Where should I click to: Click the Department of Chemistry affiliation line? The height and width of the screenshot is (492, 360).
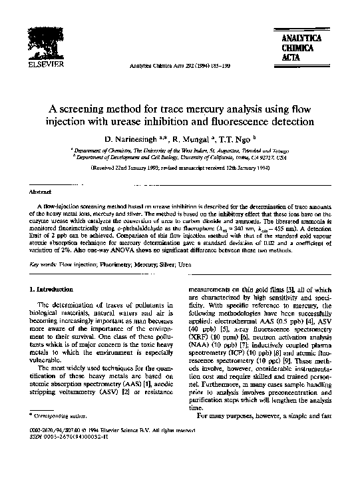180,152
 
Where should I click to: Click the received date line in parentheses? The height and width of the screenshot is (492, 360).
180,170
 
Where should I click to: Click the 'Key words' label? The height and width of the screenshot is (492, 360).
43,264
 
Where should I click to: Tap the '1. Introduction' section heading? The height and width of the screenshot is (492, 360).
53,290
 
